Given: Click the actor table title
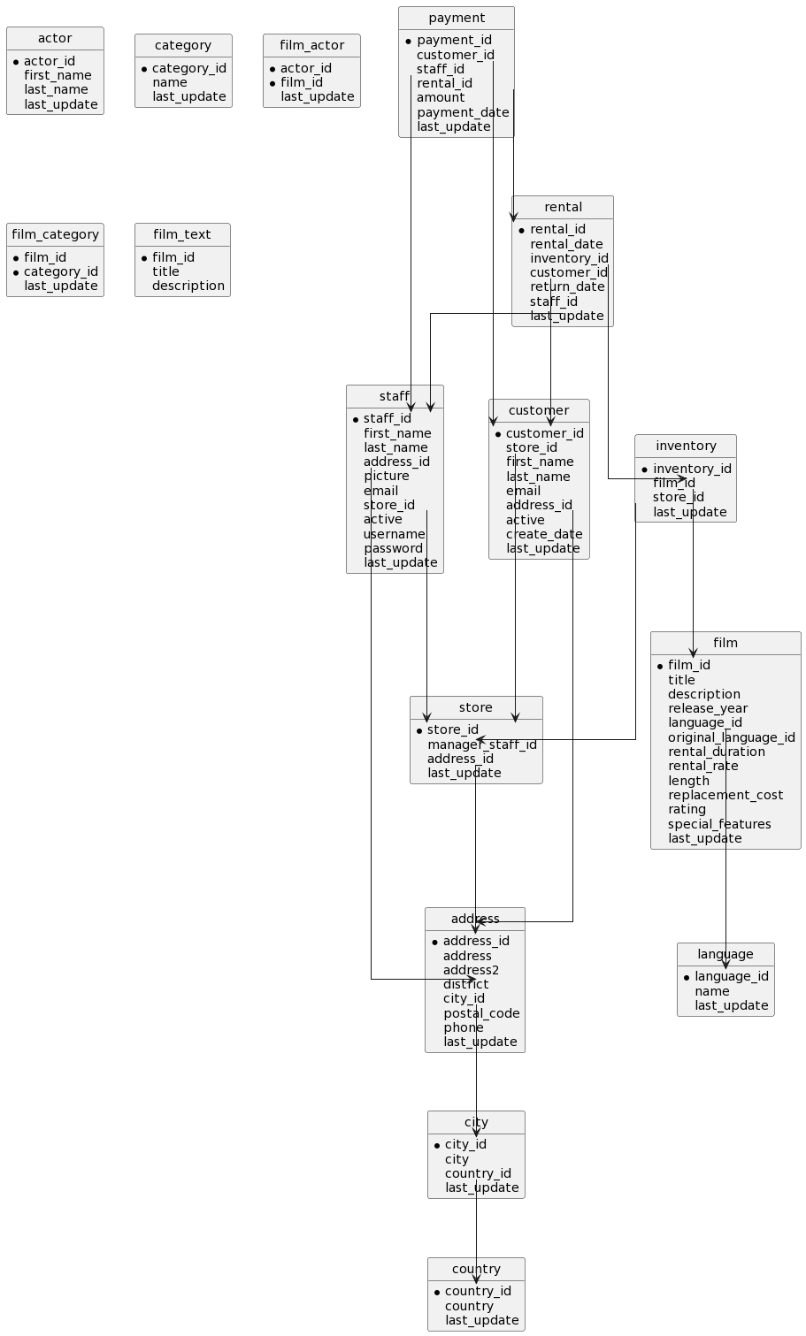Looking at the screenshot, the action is [55, 39].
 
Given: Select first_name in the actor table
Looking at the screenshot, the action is [58, 75].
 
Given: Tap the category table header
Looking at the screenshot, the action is [183, 46].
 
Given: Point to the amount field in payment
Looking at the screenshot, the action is [441, 97].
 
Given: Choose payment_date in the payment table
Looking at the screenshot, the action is [463, 112].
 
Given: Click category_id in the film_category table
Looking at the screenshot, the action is [61, 271].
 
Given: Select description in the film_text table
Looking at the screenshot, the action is [188, 286].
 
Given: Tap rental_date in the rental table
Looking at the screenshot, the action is [566, 244].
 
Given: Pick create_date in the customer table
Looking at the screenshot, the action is [544, 534].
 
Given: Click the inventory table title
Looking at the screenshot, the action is [686, 447].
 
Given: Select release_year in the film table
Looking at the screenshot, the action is [708, 708].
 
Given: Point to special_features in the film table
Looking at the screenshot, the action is [719, 824].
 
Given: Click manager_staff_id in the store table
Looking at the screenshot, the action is [482, 744].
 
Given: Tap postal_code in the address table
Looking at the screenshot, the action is [481, 1013].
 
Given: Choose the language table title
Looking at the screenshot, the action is [725, 955].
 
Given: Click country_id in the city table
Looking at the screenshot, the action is [478, 1173].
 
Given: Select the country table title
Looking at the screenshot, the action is [476, 1270].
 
